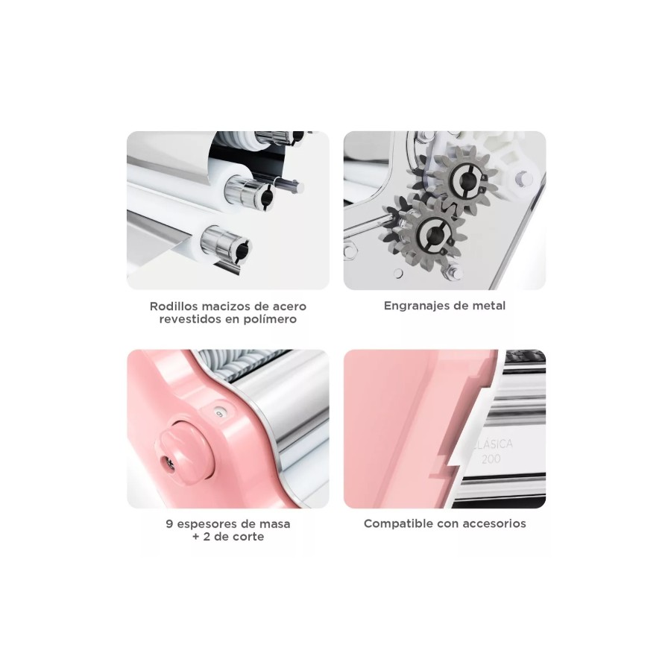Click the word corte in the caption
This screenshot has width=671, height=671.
(x=248, y=537)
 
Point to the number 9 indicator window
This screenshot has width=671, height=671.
(x=219, y=413)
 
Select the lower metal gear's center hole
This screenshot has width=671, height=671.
(x=434, y=233)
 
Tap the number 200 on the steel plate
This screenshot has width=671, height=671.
(x=491, y=459)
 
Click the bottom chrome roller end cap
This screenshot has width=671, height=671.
(x=226, y=245)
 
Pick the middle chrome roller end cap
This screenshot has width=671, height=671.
(x=251, y=191)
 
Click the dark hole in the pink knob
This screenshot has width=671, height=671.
(x=166, y=461)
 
